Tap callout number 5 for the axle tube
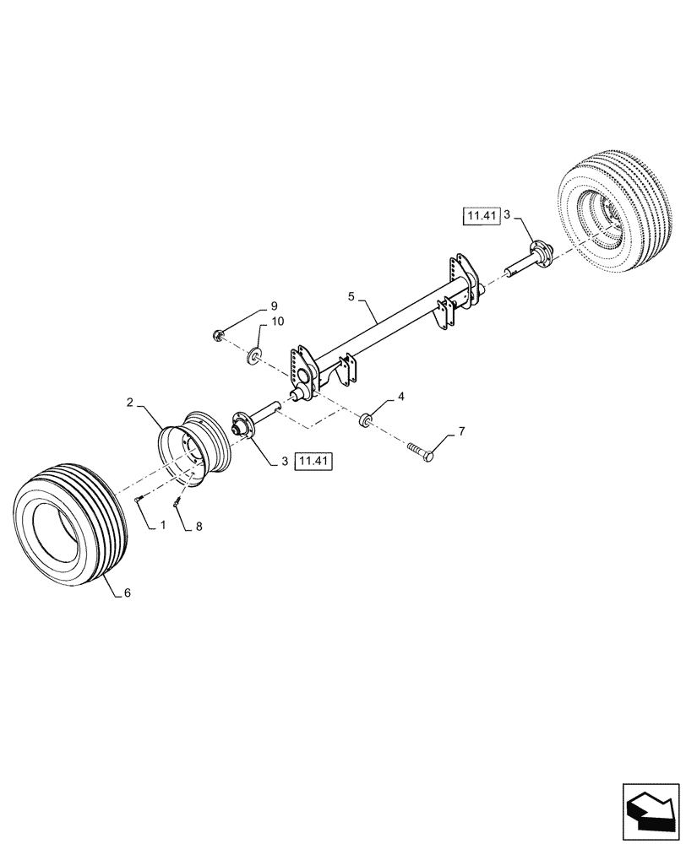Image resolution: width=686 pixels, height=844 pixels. point(351,297)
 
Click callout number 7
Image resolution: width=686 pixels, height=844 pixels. point(461,432)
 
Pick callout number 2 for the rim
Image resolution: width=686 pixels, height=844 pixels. point(130,403)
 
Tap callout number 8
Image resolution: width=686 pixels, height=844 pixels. point(199,526)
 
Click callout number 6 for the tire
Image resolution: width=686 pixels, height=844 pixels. point(127,592)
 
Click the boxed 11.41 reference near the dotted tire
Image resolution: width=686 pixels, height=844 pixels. point(482,217)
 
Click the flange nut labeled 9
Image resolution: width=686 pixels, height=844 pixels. point(219,337)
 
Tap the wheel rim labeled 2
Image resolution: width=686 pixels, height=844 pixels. point(192,446)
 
